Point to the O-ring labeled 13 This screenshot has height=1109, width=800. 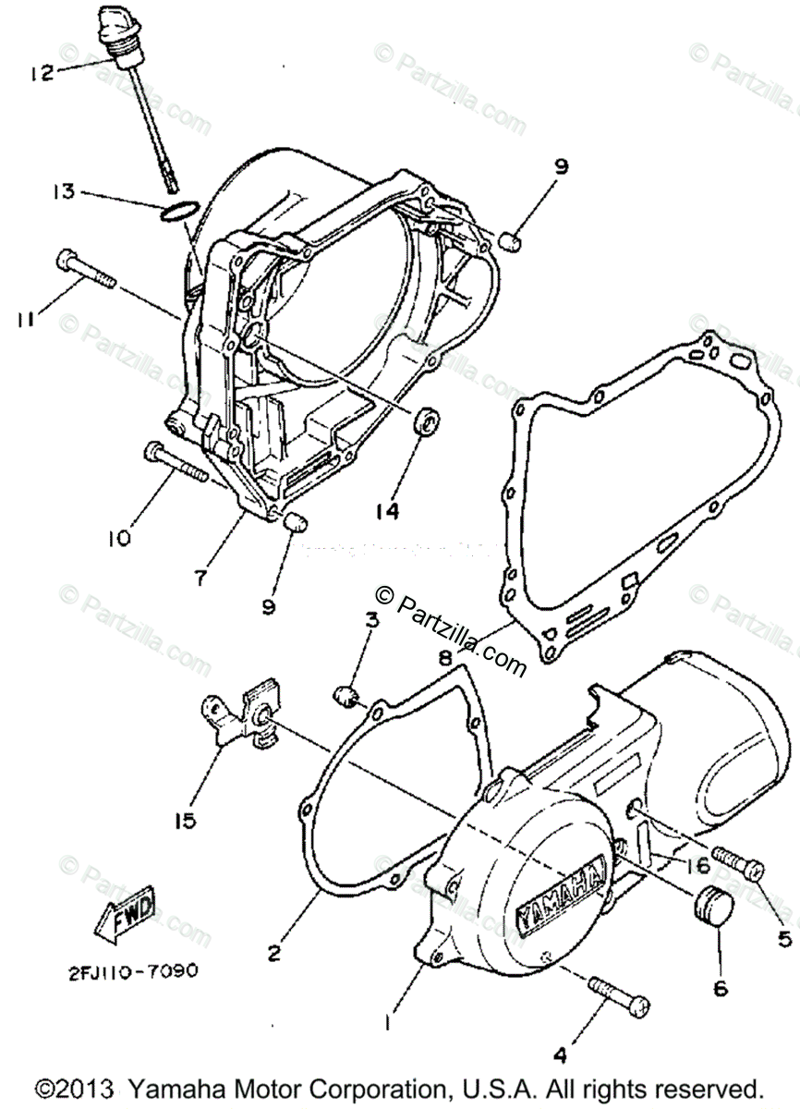[x=178, y=212]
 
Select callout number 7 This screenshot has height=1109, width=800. [x=200, y=578]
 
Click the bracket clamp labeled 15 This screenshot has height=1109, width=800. [x=242, y=715]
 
